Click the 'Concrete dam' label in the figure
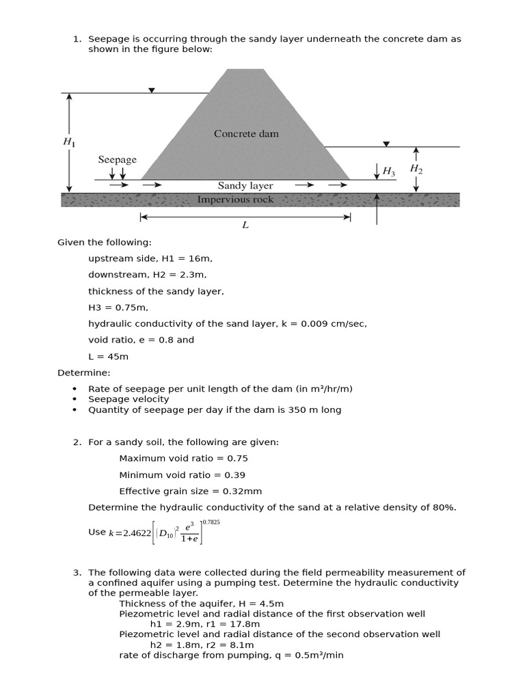(x=246, y=134)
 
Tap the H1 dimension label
(x=69, y=142)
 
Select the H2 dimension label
(x=416, y=169)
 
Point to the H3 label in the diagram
(x=388, y=172)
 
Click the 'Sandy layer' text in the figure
(x=245, y=186)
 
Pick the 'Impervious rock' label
(x=235, y=200)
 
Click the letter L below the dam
(x=245, y=226)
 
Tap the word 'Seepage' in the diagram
(x=117, y=159)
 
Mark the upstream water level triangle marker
(x=152, y=90)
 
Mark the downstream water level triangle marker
(x=386, y=144)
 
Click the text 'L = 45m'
(x=108, y=357)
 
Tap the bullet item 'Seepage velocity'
(x=129, y=399)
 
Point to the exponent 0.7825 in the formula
(x=211, y=522)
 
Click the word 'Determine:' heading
(x=83, y=373)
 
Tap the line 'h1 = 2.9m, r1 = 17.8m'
(x=205, y=624)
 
